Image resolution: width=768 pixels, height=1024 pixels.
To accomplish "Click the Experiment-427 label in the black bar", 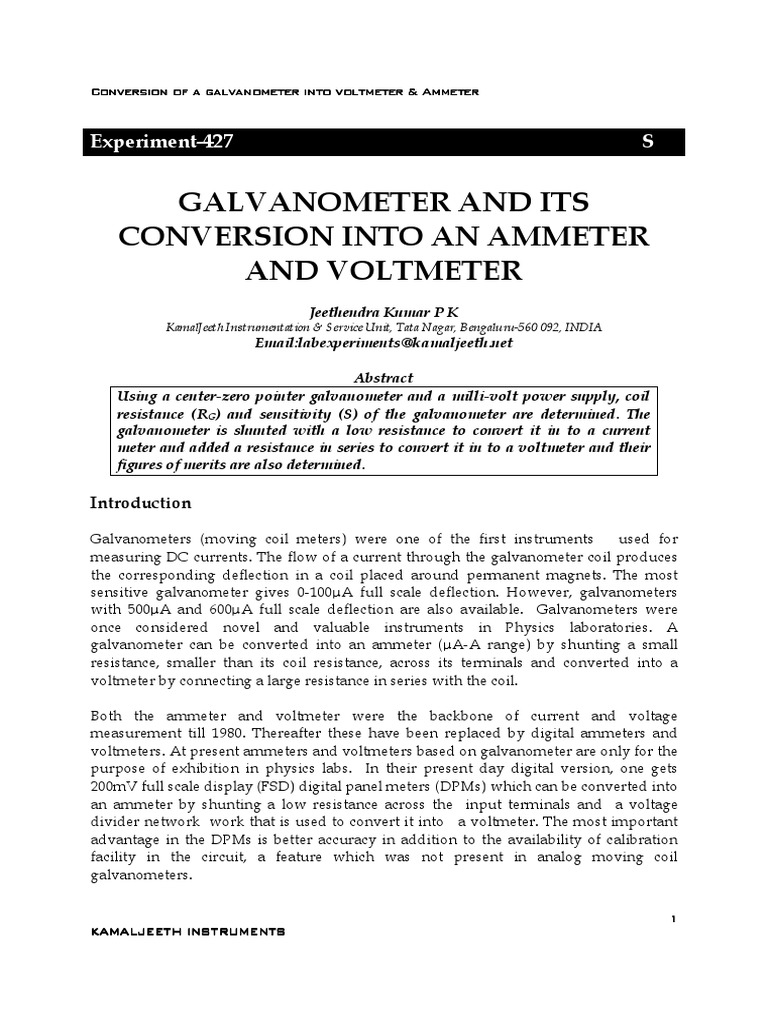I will pos(159,142).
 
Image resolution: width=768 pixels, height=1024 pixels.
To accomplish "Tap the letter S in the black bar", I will pos(646,142).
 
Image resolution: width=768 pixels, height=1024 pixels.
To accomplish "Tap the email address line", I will pos(385,342).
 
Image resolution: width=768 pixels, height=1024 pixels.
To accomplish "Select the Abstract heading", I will pos(385,378).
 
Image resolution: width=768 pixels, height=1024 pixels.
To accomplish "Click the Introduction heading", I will pos(140,502).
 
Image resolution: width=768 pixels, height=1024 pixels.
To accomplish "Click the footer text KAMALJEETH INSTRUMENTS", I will pos(188,931).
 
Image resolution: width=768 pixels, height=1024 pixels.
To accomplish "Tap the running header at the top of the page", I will pos(285,92).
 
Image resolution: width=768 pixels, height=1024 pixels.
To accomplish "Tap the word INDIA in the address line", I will pos(584,327).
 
